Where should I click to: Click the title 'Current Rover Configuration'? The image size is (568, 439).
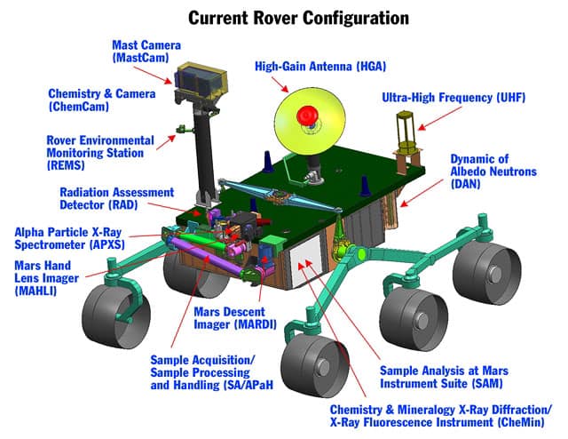click(284, 17)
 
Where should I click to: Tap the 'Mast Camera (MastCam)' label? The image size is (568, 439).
click(146, 52)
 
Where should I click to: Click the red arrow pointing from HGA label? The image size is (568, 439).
click(277, 84)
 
